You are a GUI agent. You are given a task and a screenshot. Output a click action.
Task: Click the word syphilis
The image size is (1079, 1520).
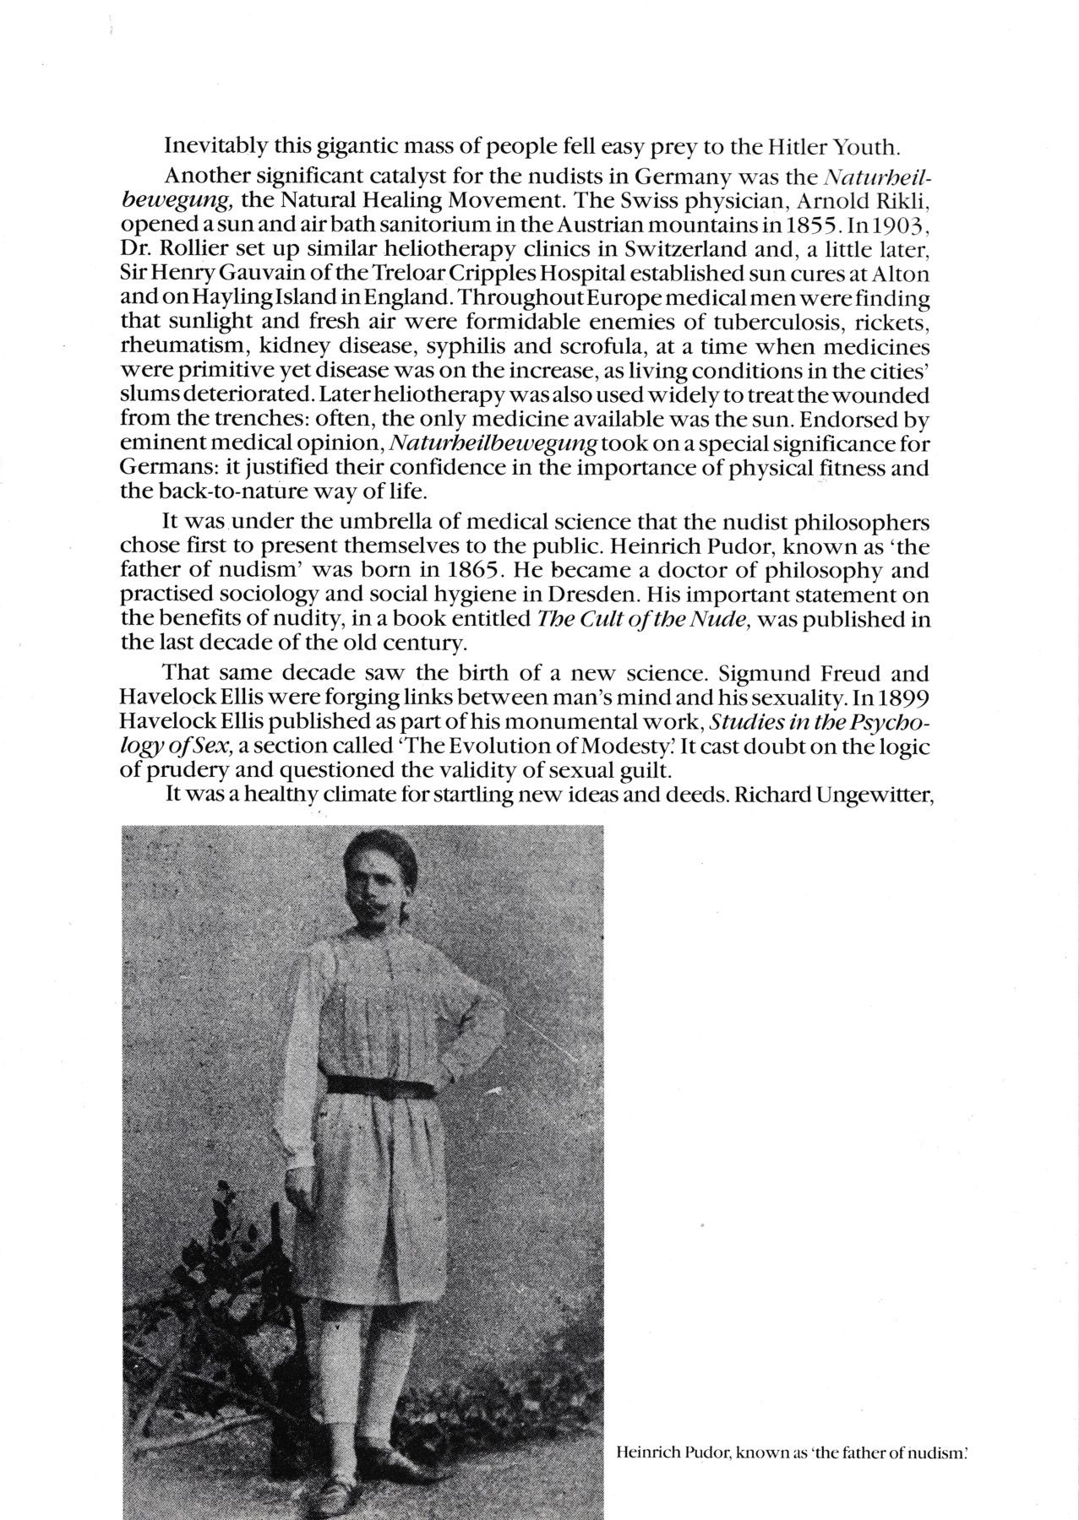point(466,346)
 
